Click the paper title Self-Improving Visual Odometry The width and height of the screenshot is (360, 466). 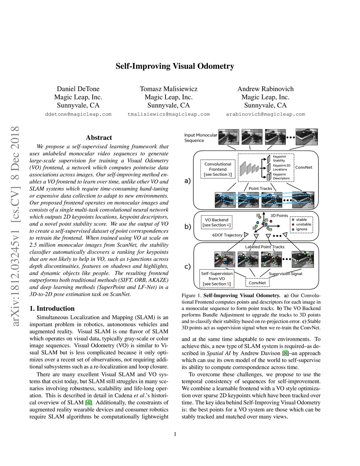click(175, 66)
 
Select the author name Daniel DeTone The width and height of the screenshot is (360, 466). click(78, 89)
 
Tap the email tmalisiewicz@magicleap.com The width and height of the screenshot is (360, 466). click(168, 114)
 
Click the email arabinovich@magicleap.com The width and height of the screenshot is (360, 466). click(265, 114)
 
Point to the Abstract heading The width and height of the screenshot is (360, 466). click(99, 138)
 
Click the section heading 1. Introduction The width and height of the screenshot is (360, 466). click(52, 308)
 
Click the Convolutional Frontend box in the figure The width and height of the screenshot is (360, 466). click(218, 169)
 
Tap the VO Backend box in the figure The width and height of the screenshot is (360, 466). click(217, 222)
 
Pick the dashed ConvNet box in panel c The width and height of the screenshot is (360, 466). click(257, 283)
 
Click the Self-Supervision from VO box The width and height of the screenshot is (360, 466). click(217, 279)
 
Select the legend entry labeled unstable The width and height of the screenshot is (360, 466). click(303, 224)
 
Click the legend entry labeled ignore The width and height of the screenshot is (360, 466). click(302, 229)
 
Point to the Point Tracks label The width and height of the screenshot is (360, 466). click(260, 189)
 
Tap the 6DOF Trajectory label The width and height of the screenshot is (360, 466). click(227, 235)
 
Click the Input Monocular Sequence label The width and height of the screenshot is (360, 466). click(200, 138)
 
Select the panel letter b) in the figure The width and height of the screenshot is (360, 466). click(188, 226)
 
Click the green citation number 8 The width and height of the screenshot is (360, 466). click(285, 353)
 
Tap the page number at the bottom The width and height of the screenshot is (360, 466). click(175, 434)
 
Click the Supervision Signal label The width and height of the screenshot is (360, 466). click(285, 274)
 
